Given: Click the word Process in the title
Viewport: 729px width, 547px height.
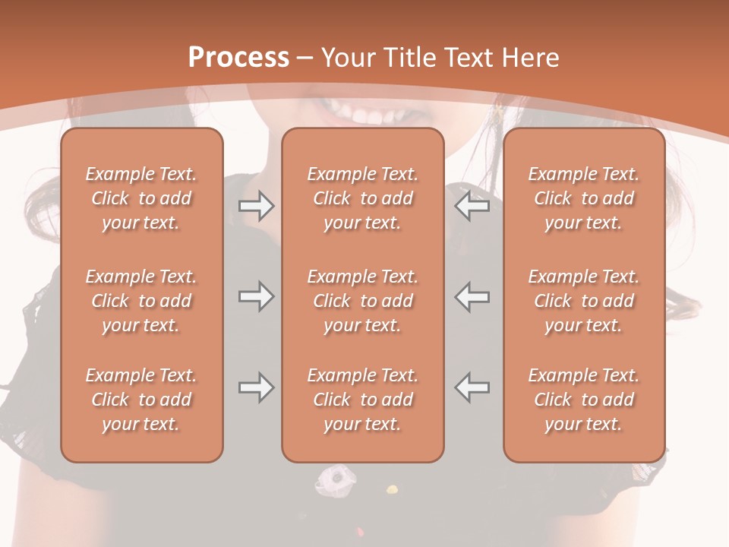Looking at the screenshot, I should tap(238, 57).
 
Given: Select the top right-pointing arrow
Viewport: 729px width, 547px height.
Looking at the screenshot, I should tap(256, 206).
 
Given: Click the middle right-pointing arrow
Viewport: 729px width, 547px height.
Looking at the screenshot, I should tap(256, 296).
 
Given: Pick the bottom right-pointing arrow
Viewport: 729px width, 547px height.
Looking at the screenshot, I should tap(256, 387).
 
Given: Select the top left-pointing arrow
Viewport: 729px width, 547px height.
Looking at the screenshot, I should tap(472, 206).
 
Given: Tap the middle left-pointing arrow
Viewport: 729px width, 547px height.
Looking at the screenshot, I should tap(472, 296).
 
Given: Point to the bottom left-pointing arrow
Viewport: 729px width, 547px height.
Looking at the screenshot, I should tap(472, 387).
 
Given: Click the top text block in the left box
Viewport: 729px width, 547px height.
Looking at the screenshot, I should tap(141, 198).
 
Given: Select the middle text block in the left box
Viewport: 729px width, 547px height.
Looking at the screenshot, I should tap(141, 301).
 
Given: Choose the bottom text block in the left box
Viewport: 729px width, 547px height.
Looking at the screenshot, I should tap(141, 400).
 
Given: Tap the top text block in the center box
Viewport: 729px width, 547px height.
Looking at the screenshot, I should tap(362, 198).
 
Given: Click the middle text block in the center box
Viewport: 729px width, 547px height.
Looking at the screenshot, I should tap(362, 301).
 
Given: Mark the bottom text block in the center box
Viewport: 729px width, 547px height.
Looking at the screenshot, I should tap(362, 400).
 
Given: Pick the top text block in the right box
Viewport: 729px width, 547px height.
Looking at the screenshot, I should tap(583, 198).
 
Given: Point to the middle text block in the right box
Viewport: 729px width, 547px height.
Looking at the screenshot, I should tap(583, 301).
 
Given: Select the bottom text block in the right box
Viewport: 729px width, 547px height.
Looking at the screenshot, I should tap(583, 400).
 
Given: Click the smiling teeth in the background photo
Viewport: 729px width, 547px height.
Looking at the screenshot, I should tap(364, 114).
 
